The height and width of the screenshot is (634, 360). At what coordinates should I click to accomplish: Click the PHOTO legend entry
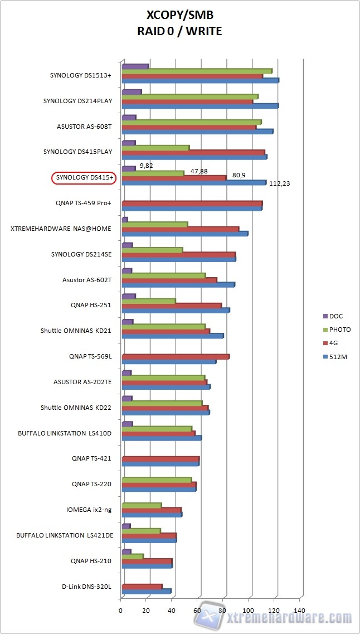tap(339, 330)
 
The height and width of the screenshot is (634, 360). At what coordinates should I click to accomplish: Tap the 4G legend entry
tap(334, 343)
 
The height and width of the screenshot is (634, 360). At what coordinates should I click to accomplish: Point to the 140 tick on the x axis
tap(302, 611)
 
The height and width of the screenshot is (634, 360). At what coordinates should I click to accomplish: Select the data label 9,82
tap(147, 165)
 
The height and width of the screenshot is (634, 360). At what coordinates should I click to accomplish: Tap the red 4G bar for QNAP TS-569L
tap(175, 357)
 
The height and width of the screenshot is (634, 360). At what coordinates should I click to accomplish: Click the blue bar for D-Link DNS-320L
tap(146, 592)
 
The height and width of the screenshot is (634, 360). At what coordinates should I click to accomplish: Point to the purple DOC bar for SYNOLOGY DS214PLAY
tap(132, 92)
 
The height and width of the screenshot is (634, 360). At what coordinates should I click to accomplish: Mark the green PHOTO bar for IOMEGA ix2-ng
tap(142, 506)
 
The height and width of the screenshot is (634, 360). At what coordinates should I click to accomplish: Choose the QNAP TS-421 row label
tap(91, 458)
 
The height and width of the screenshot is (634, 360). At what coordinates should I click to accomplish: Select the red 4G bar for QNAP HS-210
tap(147, 561)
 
